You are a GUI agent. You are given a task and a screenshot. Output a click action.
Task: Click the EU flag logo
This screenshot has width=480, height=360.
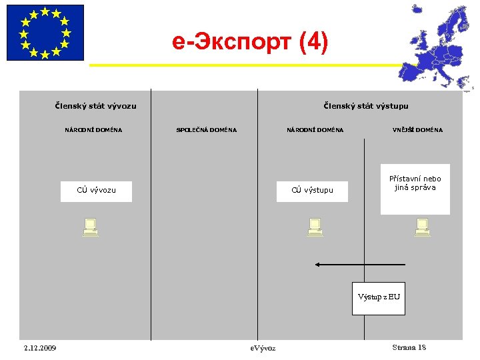(x=45, y=33)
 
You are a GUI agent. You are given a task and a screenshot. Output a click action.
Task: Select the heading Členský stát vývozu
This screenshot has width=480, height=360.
(x=95, y=106)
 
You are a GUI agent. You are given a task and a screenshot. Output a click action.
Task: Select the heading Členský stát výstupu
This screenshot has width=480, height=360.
(x=365, y=106)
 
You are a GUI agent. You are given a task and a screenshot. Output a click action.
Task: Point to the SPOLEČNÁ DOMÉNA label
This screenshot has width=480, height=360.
(x=206, y=130)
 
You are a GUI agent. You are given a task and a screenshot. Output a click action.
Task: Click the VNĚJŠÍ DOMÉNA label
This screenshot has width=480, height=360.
(x=417, y=130)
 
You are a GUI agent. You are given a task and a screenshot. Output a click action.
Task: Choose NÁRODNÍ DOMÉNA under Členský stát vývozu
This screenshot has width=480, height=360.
(x=93, y=130)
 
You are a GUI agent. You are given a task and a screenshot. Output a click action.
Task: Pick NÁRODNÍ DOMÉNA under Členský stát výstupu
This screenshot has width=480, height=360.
(x=315, y=130)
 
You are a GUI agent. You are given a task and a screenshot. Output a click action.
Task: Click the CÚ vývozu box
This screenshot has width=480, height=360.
(x=96, y=191)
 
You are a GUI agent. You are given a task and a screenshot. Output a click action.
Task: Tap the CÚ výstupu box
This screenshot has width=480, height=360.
(x=312, y=191)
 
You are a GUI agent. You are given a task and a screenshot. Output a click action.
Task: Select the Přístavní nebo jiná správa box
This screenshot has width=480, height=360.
(x=415, y=189)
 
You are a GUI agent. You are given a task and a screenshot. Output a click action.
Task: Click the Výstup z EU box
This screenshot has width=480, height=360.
(x=379, y=298)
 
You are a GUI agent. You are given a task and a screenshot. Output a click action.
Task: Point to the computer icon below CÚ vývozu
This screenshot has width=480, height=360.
(x=90, y=227)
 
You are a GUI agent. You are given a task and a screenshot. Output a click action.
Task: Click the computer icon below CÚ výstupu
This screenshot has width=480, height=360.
(x=315, y=227)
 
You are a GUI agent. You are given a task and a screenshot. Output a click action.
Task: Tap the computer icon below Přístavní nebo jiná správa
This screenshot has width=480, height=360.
(x=421, y=227)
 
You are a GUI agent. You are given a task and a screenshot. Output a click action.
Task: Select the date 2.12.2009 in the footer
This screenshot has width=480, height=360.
(x=39, y=348)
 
